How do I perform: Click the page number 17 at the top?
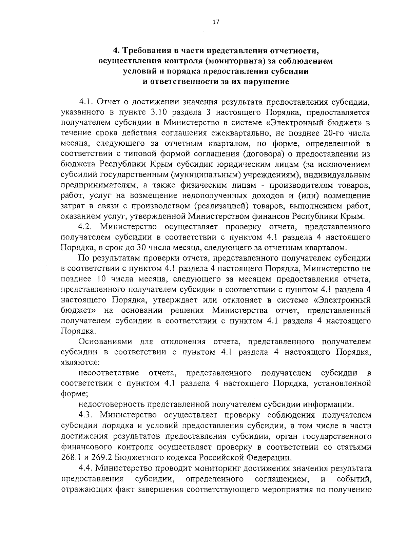pos(216,22)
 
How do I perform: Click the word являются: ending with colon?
pos(80,362)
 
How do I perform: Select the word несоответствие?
pos(109,373)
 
